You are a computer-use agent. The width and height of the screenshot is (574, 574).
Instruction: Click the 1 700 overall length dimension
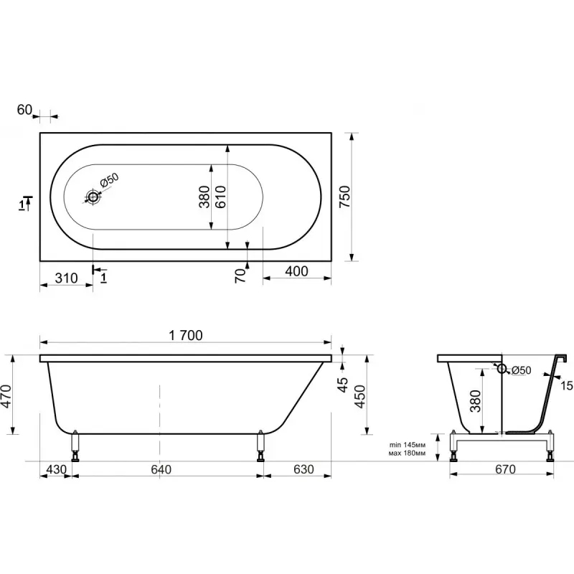(x=186, y=335)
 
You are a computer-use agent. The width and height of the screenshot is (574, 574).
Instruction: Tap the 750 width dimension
(x=345, y=197)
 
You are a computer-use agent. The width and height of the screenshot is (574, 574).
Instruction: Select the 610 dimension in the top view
(x=221, y=197)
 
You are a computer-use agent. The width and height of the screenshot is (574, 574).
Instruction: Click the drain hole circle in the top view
(x=93, y=197)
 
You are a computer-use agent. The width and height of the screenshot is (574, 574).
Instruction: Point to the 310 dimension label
(x=66, y=278)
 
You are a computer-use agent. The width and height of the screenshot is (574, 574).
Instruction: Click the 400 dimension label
(x=296, y=271)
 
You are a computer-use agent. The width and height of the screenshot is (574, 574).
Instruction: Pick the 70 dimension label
(x=240, y=276)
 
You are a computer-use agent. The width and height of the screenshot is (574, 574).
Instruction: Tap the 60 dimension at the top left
(x=24, y=110)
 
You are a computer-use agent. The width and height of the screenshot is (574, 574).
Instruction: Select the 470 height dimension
(x=6, y=396)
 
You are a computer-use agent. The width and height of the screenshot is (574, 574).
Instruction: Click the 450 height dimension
(x=360, y=397)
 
